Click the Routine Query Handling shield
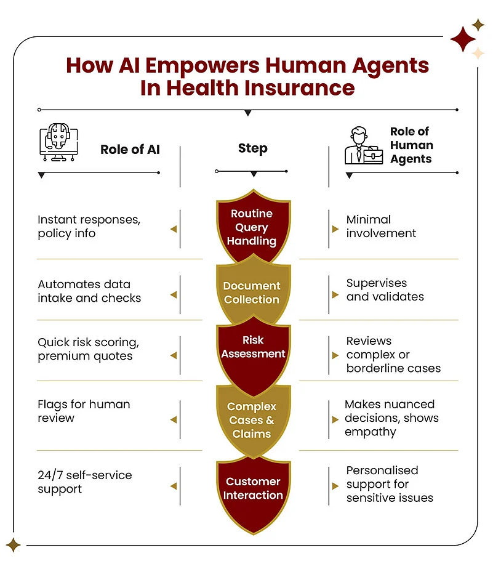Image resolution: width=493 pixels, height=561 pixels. (253, 226)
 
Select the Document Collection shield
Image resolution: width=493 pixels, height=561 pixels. (253, 292)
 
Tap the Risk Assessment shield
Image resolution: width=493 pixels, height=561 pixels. (253, 354)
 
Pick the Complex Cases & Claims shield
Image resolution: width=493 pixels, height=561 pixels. (253, 421)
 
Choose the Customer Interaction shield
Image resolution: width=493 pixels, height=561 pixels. (253, 494)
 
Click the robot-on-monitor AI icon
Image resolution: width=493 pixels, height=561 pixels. (58, 142)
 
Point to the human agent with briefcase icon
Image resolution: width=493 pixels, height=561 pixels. (364, 145)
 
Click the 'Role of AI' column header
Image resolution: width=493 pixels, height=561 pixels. (130, 150)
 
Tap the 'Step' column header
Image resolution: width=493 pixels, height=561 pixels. (253, 148)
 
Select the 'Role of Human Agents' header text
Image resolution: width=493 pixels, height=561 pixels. (412, 145)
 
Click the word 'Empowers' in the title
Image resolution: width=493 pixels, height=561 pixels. (202, 66)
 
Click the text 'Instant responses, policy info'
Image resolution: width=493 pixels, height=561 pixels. (89, 227)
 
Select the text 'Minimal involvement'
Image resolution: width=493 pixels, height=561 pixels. (381, 227)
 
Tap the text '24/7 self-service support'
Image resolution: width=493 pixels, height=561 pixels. (85, 482)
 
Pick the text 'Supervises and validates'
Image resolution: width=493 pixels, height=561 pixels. (385, 290)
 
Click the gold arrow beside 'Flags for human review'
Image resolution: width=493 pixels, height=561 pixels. (174, 419)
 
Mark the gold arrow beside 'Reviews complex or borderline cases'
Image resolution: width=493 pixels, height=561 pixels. (335, 355)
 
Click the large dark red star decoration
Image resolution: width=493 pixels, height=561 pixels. (463, 39)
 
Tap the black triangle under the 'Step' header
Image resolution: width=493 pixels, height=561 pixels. (254, 174)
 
